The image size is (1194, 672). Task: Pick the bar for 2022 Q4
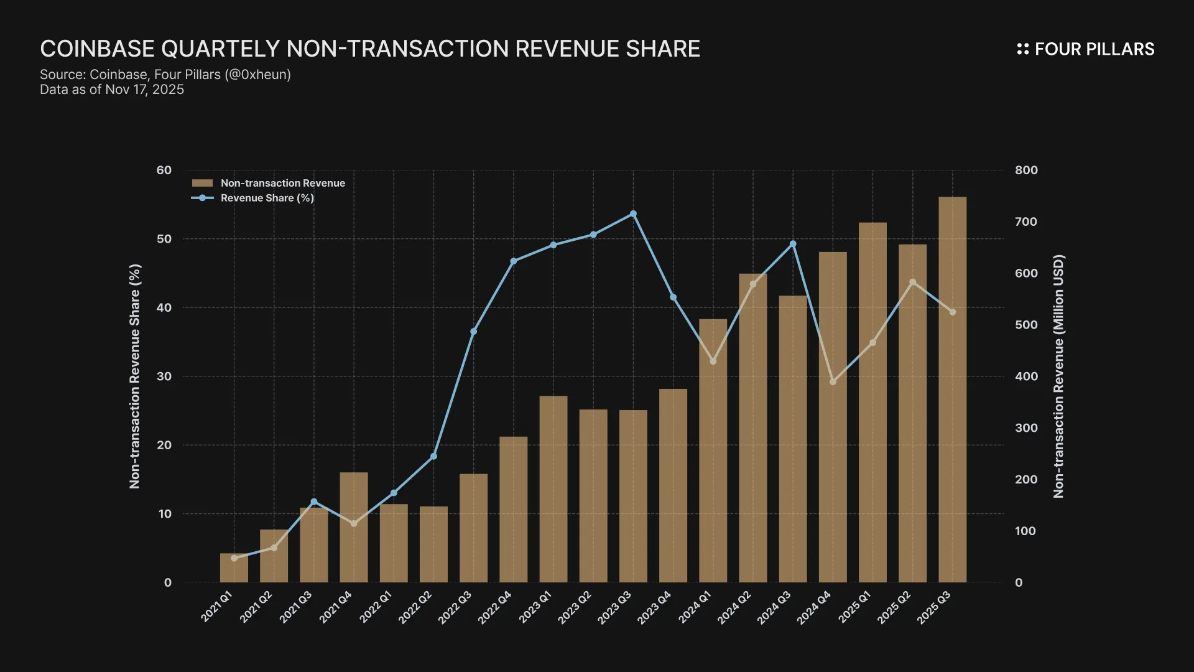[x=513, y=510]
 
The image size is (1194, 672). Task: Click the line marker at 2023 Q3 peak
[x=633, y=214]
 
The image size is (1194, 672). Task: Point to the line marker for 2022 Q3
[x=473, y=332]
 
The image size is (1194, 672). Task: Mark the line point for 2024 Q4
[x=833, y=381]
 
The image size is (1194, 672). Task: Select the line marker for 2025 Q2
[x=912, y=282]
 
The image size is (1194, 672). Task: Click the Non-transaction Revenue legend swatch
[x=202, y=183]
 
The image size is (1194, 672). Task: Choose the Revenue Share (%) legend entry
[x=267, y=198]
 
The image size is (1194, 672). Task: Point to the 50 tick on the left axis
[x=164, y=239]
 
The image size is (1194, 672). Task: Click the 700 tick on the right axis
[x=1026, y=222]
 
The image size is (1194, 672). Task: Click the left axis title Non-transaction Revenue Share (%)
[x=135, y=376]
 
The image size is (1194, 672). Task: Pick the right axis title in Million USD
[x=1058, y=376]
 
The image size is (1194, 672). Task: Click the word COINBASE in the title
[x=97, y=49]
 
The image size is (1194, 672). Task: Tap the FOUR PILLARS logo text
[x=1094, y=49]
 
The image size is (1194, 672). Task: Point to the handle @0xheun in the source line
[x=257, y=75]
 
